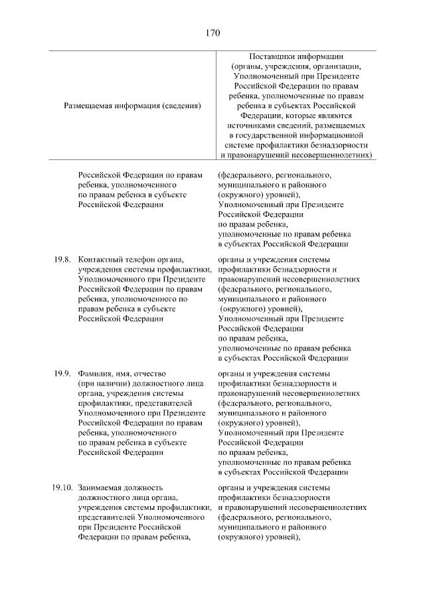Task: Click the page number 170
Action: pos(212,33)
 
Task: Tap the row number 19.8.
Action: pos(62,260)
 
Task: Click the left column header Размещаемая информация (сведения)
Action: pos(132,106)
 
